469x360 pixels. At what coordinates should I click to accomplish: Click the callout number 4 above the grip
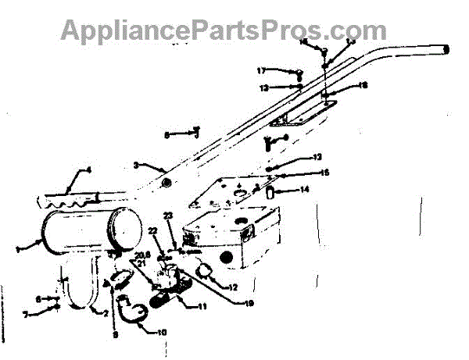[x=88, y=169]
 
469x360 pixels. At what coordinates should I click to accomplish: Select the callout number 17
[x=263, y=70]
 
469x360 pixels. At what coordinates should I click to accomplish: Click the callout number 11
[x=202, y=307]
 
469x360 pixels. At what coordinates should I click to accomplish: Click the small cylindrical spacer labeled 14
[x=270, y=191]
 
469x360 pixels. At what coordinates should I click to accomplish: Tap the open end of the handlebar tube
[x=448, y=48]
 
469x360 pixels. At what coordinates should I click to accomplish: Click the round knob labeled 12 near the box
[x=203, y=272]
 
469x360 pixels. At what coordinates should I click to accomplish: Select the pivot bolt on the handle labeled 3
[x=166, y=182]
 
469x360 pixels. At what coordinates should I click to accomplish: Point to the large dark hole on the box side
[x=246, y=235]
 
